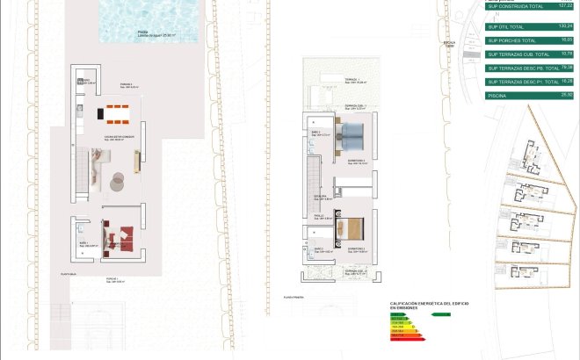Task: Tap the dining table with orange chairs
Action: tap(116, 112)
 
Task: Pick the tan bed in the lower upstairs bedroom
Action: tap(353, 229)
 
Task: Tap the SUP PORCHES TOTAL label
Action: tap(512, 40)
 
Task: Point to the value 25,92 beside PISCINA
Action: tap(565, 95)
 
